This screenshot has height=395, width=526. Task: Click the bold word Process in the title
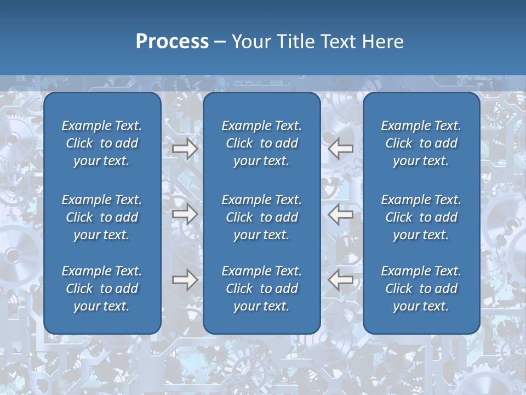(172, 42)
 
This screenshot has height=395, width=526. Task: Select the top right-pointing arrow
(185, 149)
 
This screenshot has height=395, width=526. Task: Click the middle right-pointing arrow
(185, 214)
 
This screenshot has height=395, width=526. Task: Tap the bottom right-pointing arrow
(185, 280)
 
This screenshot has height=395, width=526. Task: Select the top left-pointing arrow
(341, 149)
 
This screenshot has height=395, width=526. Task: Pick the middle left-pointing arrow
(341, 214)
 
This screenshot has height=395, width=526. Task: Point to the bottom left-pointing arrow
(341, 280)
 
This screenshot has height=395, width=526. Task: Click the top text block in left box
(102, 143)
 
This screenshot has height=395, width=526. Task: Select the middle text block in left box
(102, 217)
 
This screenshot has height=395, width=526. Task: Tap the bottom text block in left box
(102, 289)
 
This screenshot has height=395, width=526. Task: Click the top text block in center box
(261, 143)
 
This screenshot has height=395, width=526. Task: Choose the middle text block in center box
(261, 217)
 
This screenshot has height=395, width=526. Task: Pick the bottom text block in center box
(261, 289)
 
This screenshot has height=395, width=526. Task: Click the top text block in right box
(421, 143)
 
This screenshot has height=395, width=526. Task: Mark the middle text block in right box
(421, 217)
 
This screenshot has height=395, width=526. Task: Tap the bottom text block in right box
(421, 289)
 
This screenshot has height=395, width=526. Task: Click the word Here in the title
(382, 42)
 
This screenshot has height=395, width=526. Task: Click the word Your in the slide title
(249, 42)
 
